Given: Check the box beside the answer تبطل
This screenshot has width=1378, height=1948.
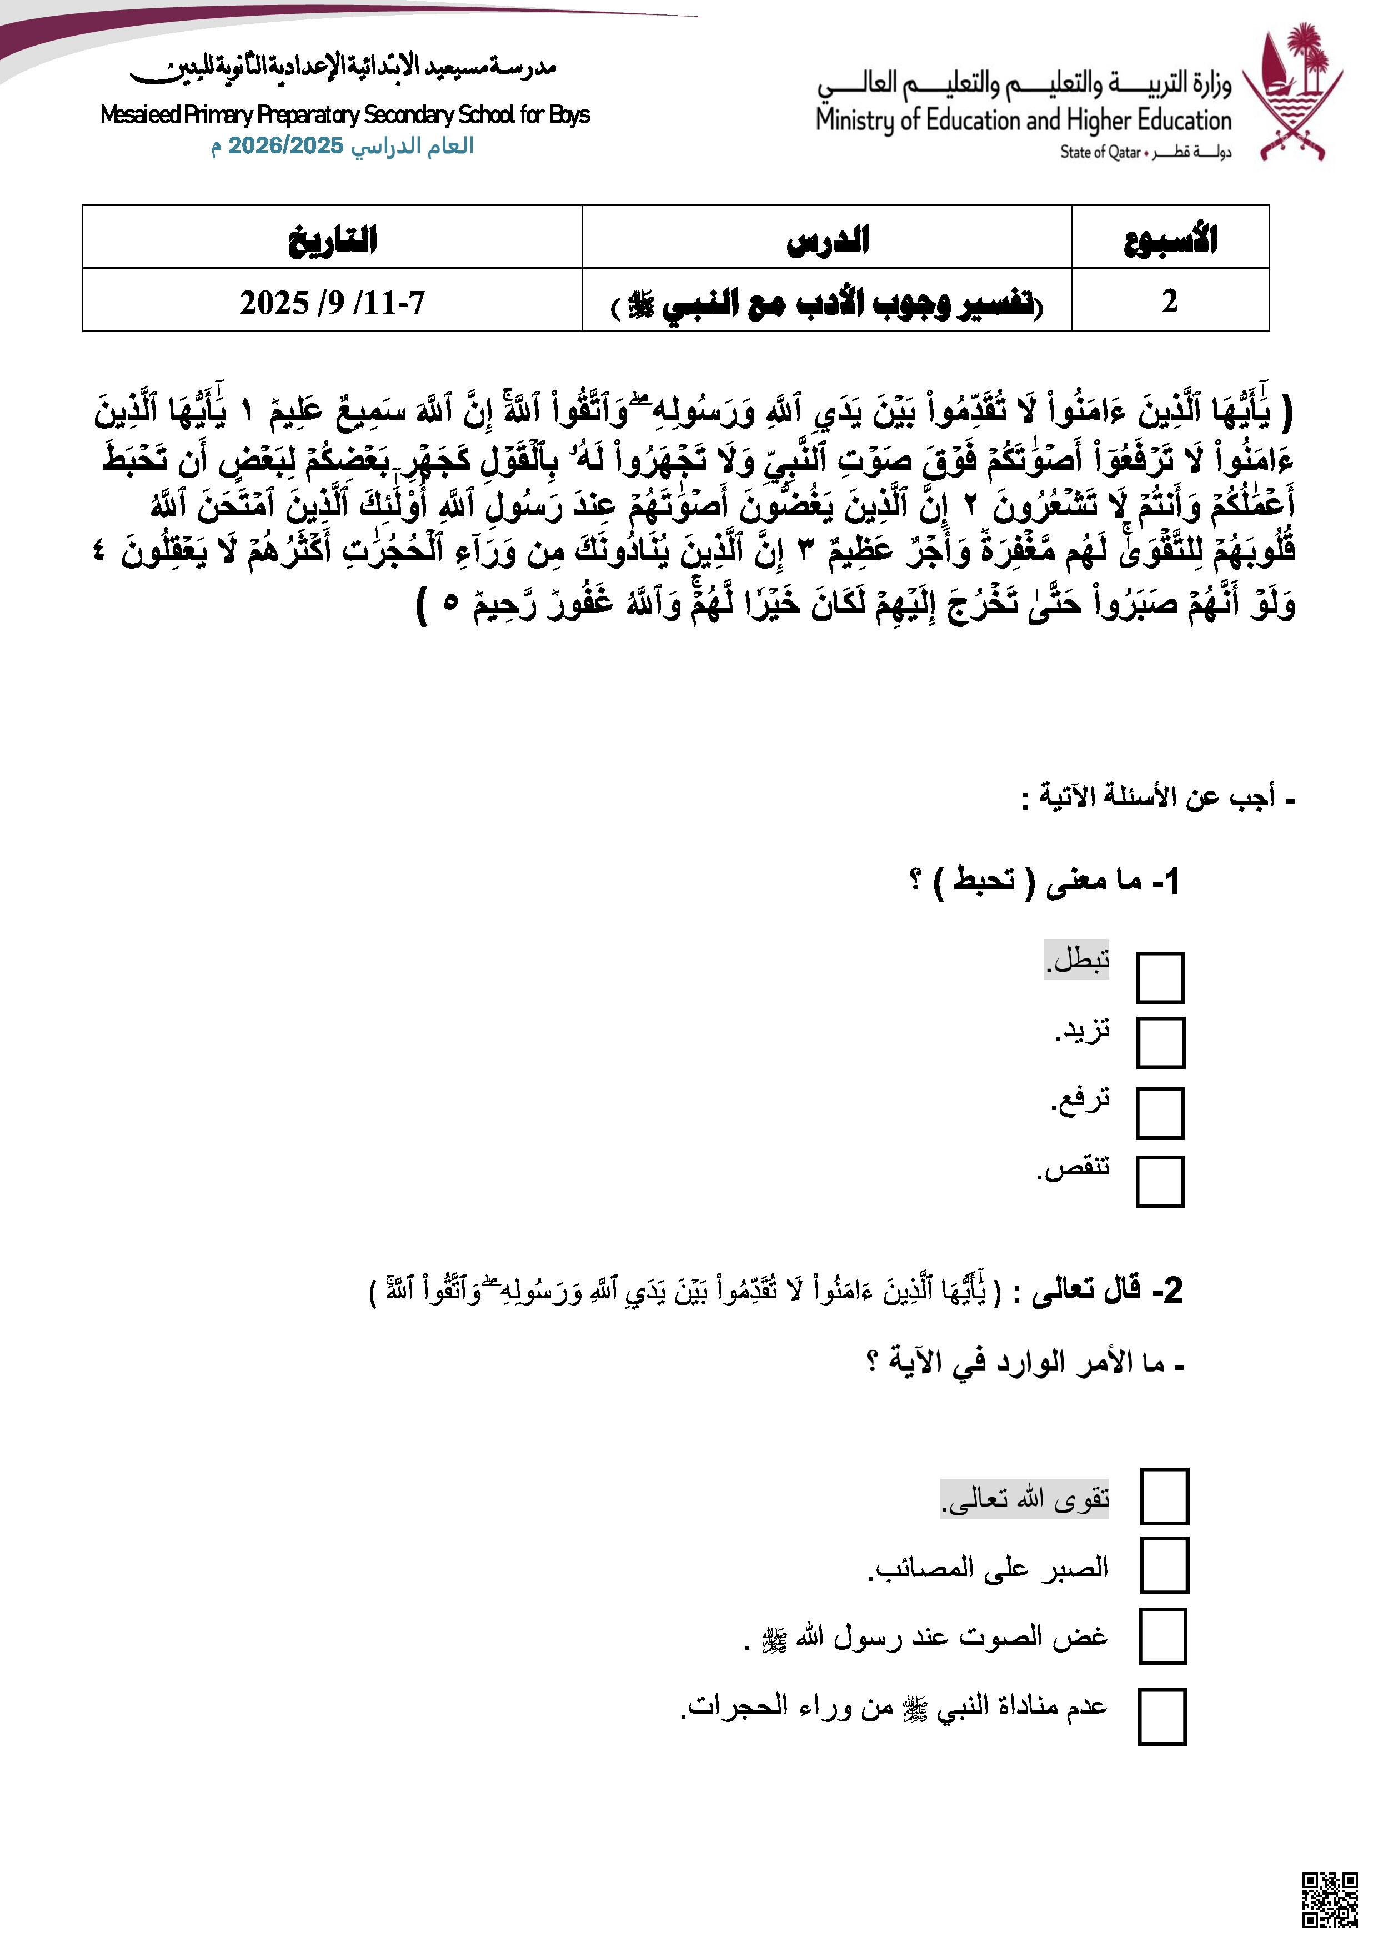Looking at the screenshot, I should tap(1160, 977).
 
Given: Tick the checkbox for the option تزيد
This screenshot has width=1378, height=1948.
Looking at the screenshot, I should tap(1160, 1043).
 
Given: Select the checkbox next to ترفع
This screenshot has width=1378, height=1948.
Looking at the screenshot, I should tap(1160, 1113).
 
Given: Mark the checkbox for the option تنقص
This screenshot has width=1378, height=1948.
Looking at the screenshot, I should tap(1160, 1181).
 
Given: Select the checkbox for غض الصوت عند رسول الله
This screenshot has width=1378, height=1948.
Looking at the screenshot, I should tap(1162, 1636).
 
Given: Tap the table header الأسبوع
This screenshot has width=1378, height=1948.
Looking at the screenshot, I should tap(1170, 239).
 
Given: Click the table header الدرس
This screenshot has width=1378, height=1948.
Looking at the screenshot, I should tap(828, 239).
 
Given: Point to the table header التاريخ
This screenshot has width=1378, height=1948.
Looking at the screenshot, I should tap(333, 239).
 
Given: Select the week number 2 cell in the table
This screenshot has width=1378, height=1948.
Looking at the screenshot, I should tap(1170, 301).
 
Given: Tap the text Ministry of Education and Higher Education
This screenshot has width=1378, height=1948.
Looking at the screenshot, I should tap(1023, 121).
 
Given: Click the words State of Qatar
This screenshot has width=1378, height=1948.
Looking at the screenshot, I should tap(1100, 153).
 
